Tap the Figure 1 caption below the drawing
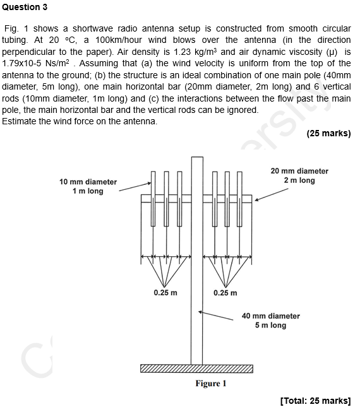click(210, 383)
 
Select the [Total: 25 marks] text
click(315, 401)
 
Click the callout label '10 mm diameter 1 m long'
click(88, 186)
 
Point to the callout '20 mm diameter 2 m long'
click(299, 175)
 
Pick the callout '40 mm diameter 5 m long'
click(271, 321)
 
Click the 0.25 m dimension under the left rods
click(165, 293)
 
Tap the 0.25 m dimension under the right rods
click(225, 293)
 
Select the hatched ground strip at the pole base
click(196, 368)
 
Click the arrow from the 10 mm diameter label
click(135, 185)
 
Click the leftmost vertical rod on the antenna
click(153, 199)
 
